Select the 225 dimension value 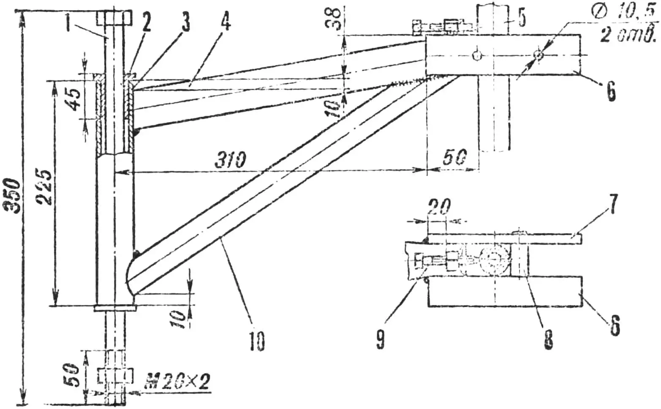[x=45, y=187]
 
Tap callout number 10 [x=257, y=341]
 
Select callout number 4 [x=226, y=22]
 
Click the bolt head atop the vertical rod [x=114, y=18]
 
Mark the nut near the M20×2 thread [x=116, y=376]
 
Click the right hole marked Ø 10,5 [x=538, y=55]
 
